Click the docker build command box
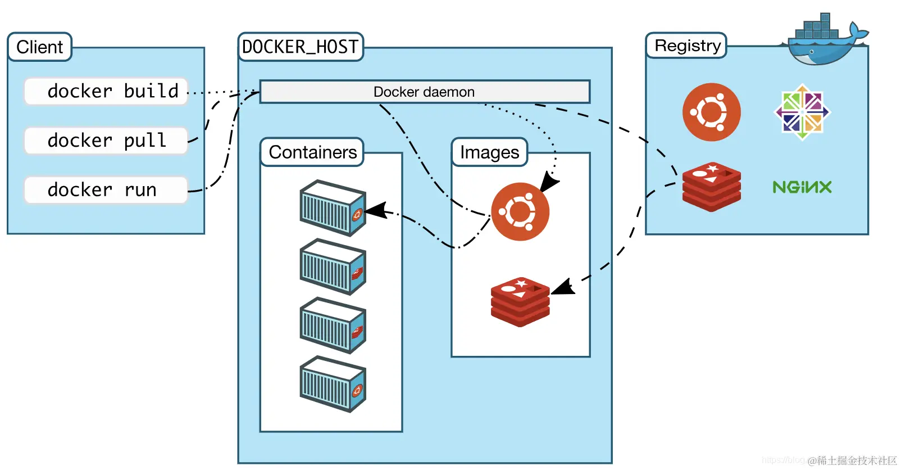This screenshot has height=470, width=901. [x=106, y=91]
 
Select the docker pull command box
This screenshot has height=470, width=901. [x=106, y=141]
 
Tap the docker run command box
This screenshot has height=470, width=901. [x=106, y=190]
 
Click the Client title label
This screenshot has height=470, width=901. [x=39, y=47]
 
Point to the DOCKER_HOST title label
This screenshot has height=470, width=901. [x=300, y=47]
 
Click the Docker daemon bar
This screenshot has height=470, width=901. [x=424, y=92]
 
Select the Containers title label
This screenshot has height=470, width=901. [x=312, y=152]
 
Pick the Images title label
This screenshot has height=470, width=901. [x=489, y=152]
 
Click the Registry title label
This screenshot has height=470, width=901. [x=687, y=46]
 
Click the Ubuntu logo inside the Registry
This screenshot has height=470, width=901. [x=711, y=112]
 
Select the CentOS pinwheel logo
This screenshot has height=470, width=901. [x=802, y=112]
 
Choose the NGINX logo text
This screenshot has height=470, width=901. [x=802, y=187]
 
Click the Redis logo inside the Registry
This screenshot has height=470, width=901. [x=711, y=187]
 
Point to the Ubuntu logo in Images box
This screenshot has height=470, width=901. [x=520, y=212]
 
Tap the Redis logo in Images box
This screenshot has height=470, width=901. [x=520, y=302]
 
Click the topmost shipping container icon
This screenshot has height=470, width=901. [x=333, y=207]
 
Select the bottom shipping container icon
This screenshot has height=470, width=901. [x=333, y=384]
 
